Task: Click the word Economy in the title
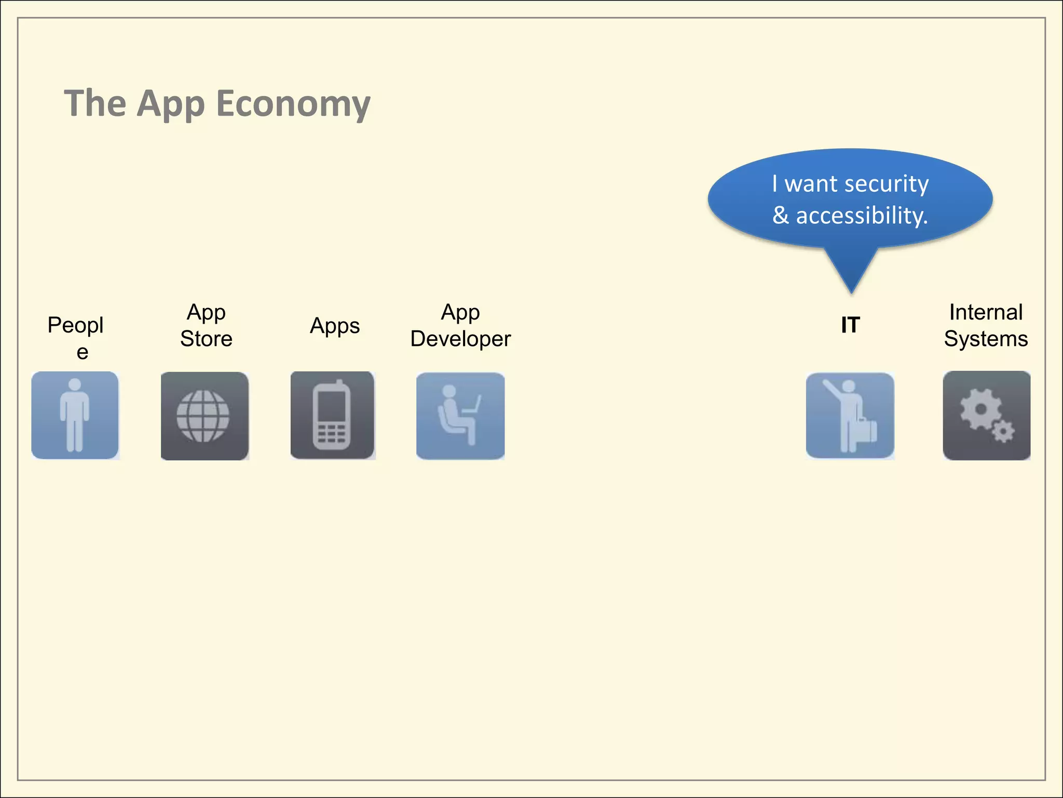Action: (293, 104)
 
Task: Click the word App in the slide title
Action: (171, 104)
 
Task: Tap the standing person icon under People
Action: (75, 415)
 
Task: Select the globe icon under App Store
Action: (204, 416)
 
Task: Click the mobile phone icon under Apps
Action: (332, 416)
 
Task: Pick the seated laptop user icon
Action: (460, 416)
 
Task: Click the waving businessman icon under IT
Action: (850, 416)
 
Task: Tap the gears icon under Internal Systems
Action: (986, 416)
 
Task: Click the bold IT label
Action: (850, 325)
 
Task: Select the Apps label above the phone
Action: (335, 326)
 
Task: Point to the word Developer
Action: (460, 339)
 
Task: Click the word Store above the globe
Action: (206, 339)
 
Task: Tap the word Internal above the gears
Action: (986, 312)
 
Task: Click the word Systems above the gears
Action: (986, 339)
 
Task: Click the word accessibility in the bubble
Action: (862, 216)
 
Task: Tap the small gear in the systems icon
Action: (1003, 432)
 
